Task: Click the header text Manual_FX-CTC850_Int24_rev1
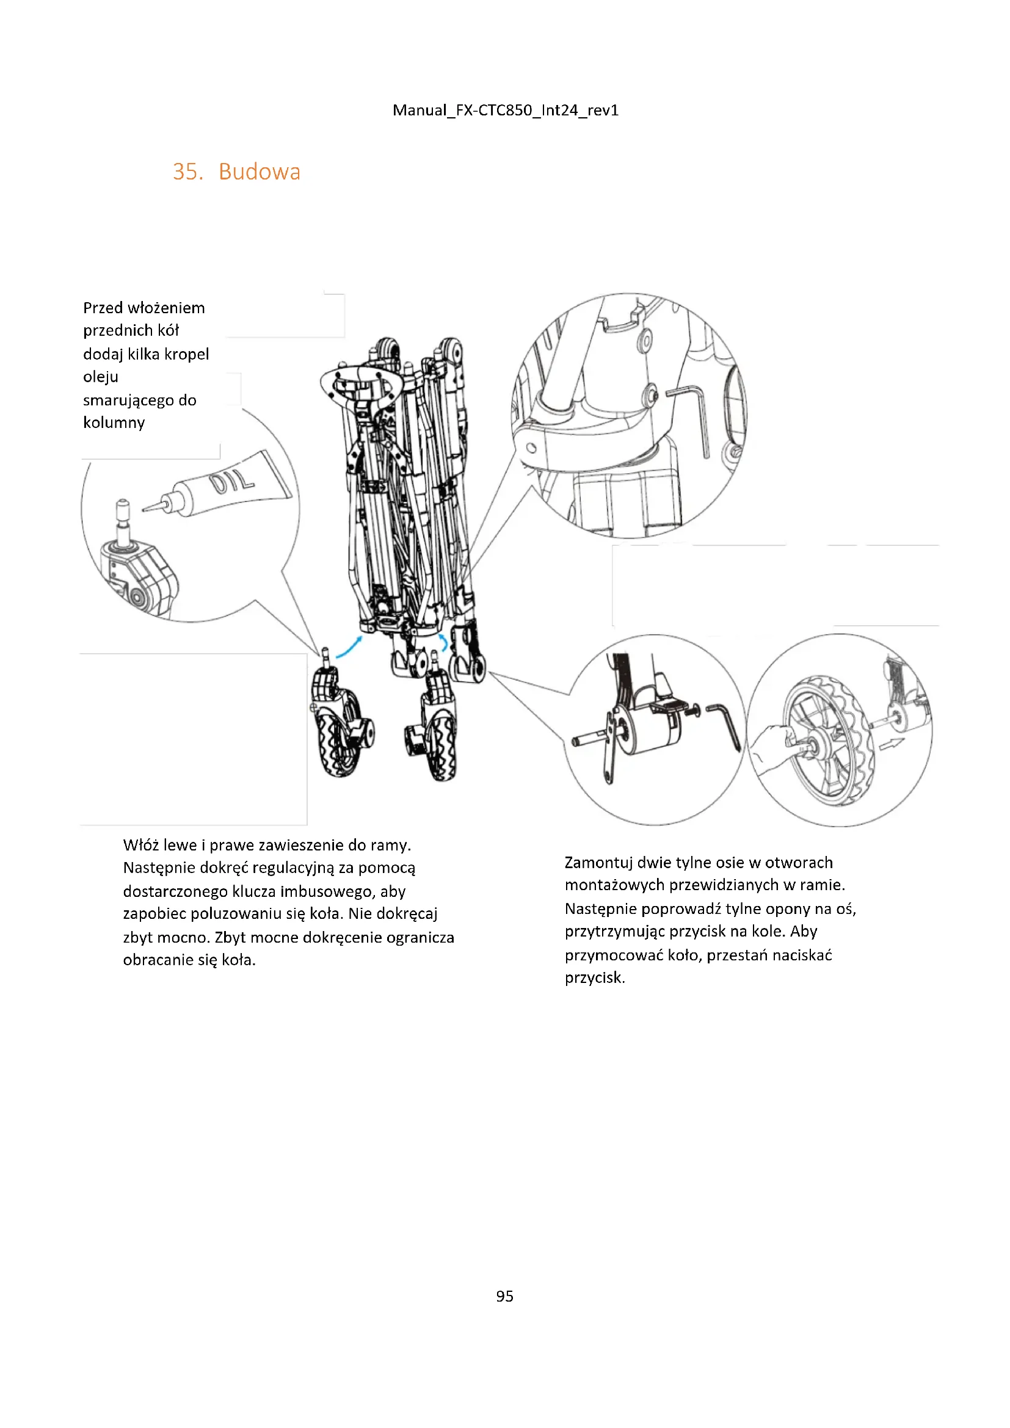[x=505, y=110]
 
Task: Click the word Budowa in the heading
[x=260, y=172]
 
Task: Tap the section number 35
[x=187, y=172]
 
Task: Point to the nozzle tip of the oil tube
[x=147, y=509]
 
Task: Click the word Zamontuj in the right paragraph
[x=598, y=863]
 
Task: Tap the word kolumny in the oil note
[x=114, y=423]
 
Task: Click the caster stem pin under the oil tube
[x=123, y=519]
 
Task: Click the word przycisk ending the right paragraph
[x=594, y=977]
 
